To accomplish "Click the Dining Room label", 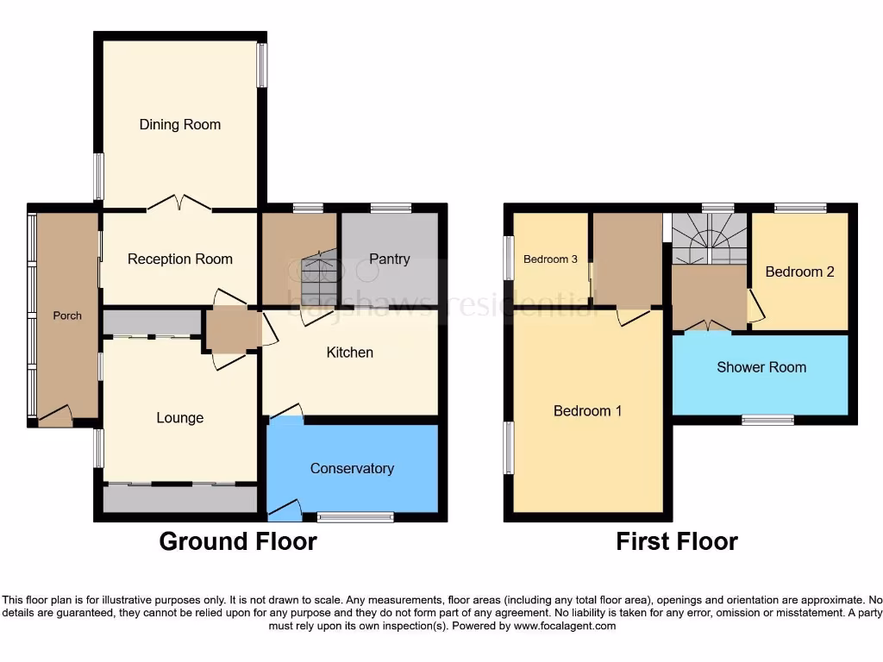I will [179, 125].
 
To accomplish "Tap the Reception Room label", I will [179, 259].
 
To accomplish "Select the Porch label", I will [67, 315].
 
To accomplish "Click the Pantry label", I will [390, 259].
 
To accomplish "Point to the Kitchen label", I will [349, 353].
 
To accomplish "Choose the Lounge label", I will [179, 418].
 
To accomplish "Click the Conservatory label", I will [352, 469].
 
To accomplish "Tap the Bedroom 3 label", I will [550, 259].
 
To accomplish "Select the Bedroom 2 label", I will [799, 272].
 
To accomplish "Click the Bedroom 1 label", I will [587, 411].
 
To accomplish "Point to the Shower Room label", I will [761, 367].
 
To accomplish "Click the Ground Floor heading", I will [238, 542].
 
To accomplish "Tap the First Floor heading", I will [676, 542].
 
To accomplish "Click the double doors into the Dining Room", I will [179, 204].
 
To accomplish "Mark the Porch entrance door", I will [54, 417].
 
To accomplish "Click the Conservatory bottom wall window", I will [355, 517].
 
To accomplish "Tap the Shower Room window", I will [767, 420].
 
